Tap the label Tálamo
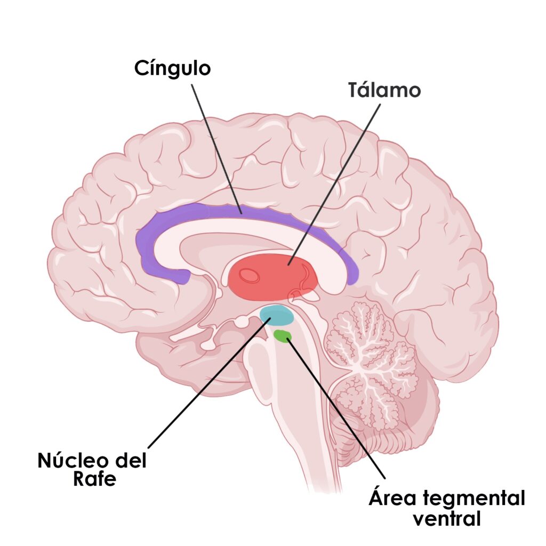(x=384, y=90)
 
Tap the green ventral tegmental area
(x=282, y=335)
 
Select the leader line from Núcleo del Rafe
(x=208, y=384)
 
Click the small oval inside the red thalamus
(x=249, y=275)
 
